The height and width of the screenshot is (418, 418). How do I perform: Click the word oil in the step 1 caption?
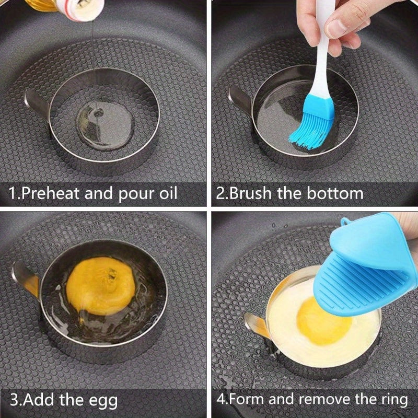[x=165, y=193]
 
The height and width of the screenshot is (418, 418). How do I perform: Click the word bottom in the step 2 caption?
[x=334, y=193]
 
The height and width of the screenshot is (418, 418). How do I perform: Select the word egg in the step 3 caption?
[x=102, y=401]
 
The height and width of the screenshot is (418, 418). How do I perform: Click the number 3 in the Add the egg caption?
[x=15, y=401]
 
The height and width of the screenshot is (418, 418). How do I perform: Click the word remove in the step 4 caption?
[x=321, y=400]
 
